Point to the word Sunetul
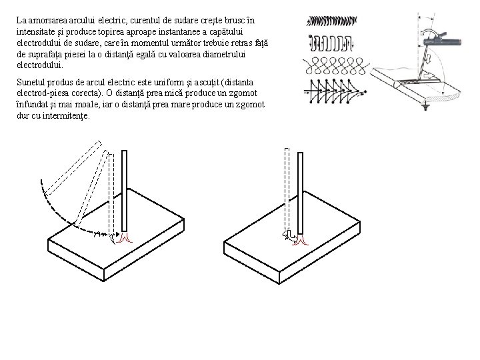click(x=31, y=83)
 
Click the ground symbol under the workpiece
click(x=425, y=107)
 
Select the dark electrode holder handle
click(x=443, y=41)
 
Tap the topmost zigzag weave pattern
click(x=332, y=21)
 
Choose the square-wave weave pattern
click(x=331, y=43)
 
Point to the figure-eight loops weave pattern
click(x=336, y=66)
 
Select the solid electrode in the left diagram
click(x=124, y=191)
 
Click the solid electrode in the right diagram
click(x=300, y=193)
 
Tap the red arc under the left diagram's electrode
click(x=124, y=237)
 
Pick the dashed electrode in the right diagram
click(x=287, y=189)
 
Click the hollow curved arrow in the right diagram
click(x=289, y=237)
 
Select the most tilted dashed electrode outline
click(x=73, y=168)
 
